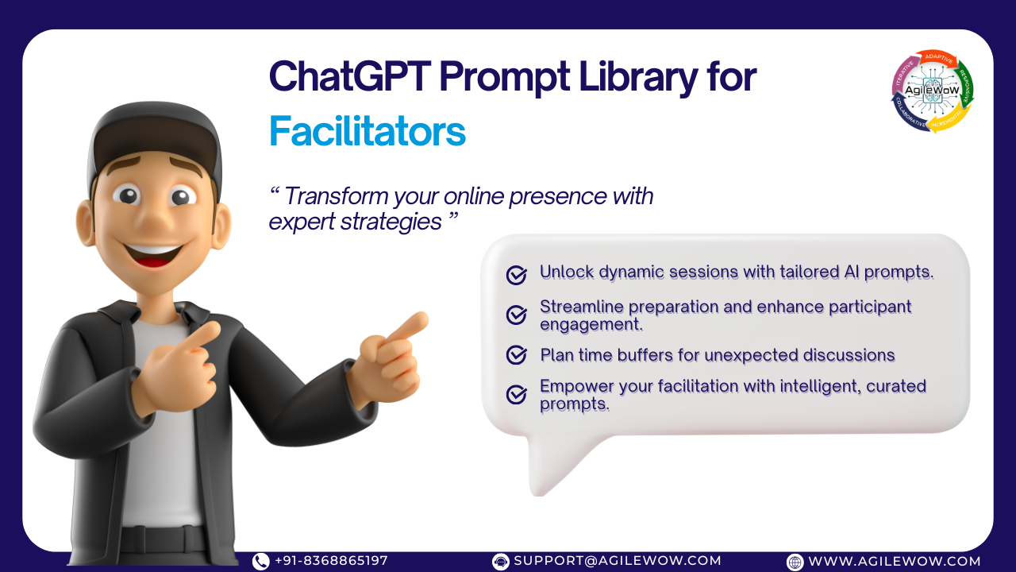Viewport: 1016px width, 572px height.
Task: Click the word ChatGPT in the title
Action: [x=350, y=76]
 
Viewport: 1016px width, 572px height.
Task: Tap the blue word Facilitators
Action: [x=368, y=131]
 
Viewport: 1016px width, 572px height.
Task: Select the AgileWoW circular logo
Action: [x=932, y=91]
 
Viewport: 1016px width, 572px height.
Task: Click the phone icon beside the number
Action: [x=261, y=562]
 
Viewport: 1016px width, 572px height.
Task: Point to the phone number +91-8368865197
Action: [x=331, y=561]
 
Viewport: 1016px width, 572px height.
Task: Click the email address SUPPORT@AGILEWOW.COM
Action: [x=618, y=561]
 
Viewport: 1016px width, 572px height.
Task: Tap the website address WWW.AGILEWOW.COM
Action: [x=895, y=561]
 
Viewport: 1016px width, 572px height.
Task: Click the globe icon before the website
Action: [x=795, y=562]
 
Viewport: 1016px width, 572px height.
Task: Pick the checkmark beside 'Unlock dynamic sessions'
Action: [x=517, y=275]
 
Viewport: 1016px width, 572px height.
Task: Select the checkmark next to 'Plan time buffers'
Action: [x=517, y=355]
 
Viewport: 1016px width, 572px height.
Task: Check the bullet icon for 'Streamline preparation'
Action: [x=517, y=315]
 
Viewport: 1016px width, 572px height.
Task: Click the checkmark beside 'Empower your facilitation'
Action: [x=517, y=395]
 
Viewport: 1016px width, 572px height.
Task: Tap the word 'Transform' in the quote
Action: [x=336, y=196]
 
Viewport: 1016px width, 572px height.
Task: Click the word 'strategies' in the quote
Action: [x=391, y=222]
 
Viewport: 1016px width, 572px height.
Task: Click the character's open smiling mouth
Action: [x=153, y=255]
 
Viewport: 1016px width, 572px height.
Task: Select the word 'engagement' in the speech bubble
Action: [x=591, y=325]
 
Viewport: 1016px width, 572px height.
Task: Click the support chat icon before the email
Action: [x=500, y=562]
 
